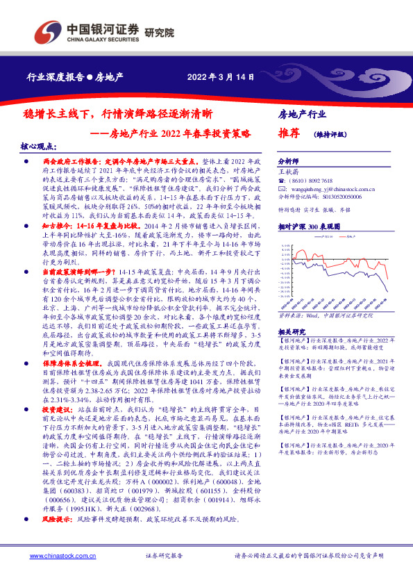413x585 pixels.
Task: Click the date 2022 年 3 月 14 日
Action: tap(216, 77)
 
